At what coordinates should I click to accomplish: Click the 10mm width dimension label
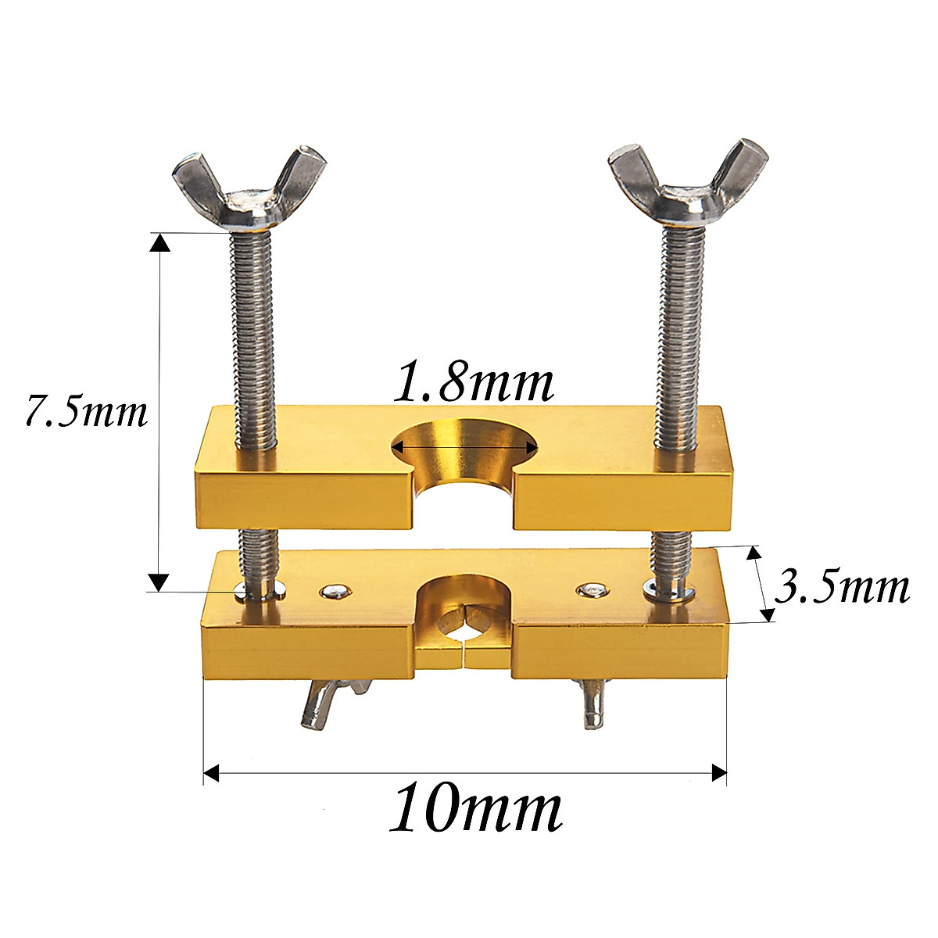click(x=475, y=810)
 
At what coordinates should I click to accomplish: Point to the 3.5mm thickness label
click(x=841, y=587)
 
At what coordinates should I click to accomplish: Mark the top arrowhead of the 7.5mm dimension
click(x=159, y=244)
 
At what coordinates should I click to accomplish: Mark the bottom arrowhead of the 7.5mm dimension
click(x=159, y=582)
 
